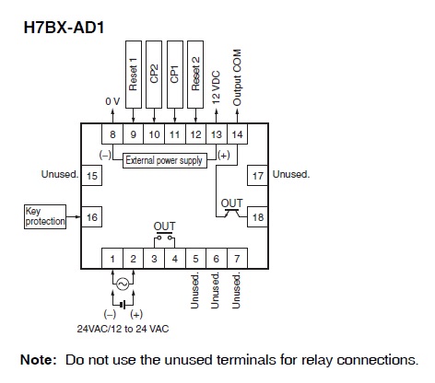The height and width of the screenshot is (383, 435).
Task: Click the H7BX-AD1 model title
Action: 64,28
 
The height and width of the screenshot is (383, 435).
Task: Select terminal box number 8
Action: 112,134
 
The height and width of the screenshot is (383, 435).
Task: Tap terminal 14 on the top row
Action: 237,134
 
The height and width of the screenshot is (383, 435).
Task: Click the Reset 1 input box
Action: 134,75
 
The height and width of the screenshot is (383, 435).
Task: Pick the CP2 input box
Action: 154,75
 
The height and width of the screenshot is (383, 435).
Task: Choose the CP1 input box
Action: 175,75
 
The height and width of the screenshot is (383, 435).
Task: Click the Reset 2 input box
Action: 195,75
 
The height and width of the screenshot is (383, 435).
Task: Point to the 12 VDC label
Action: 216,87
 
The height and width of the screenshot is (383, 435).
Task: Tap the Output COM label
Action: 237,77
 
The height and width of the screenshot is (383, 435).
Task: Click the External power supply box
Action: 165,160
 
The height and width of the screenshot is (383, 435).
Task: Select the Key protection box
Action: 45,216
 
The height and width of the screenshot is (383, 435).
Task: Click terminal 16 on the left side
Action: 91,217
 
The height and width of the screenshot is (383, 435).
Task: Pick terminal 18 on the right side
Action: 258,217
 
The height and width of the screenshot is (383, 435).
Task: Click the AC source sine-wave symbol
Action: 123,284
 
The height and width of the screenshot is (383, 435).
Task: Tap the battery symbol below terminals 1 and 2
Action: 123,305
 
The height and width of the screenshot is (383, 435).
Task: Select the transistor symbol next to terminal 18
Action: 231,213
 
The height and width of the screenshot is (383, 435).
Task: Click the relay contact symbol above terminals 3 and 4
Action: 164,237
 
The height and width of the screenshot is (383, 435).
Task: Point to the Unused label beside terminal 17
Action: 291,174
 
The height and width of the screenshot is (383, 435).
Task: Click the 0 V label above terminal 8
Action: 112,101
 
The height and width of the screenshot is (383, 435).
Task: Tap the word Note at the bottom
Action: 39,360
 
